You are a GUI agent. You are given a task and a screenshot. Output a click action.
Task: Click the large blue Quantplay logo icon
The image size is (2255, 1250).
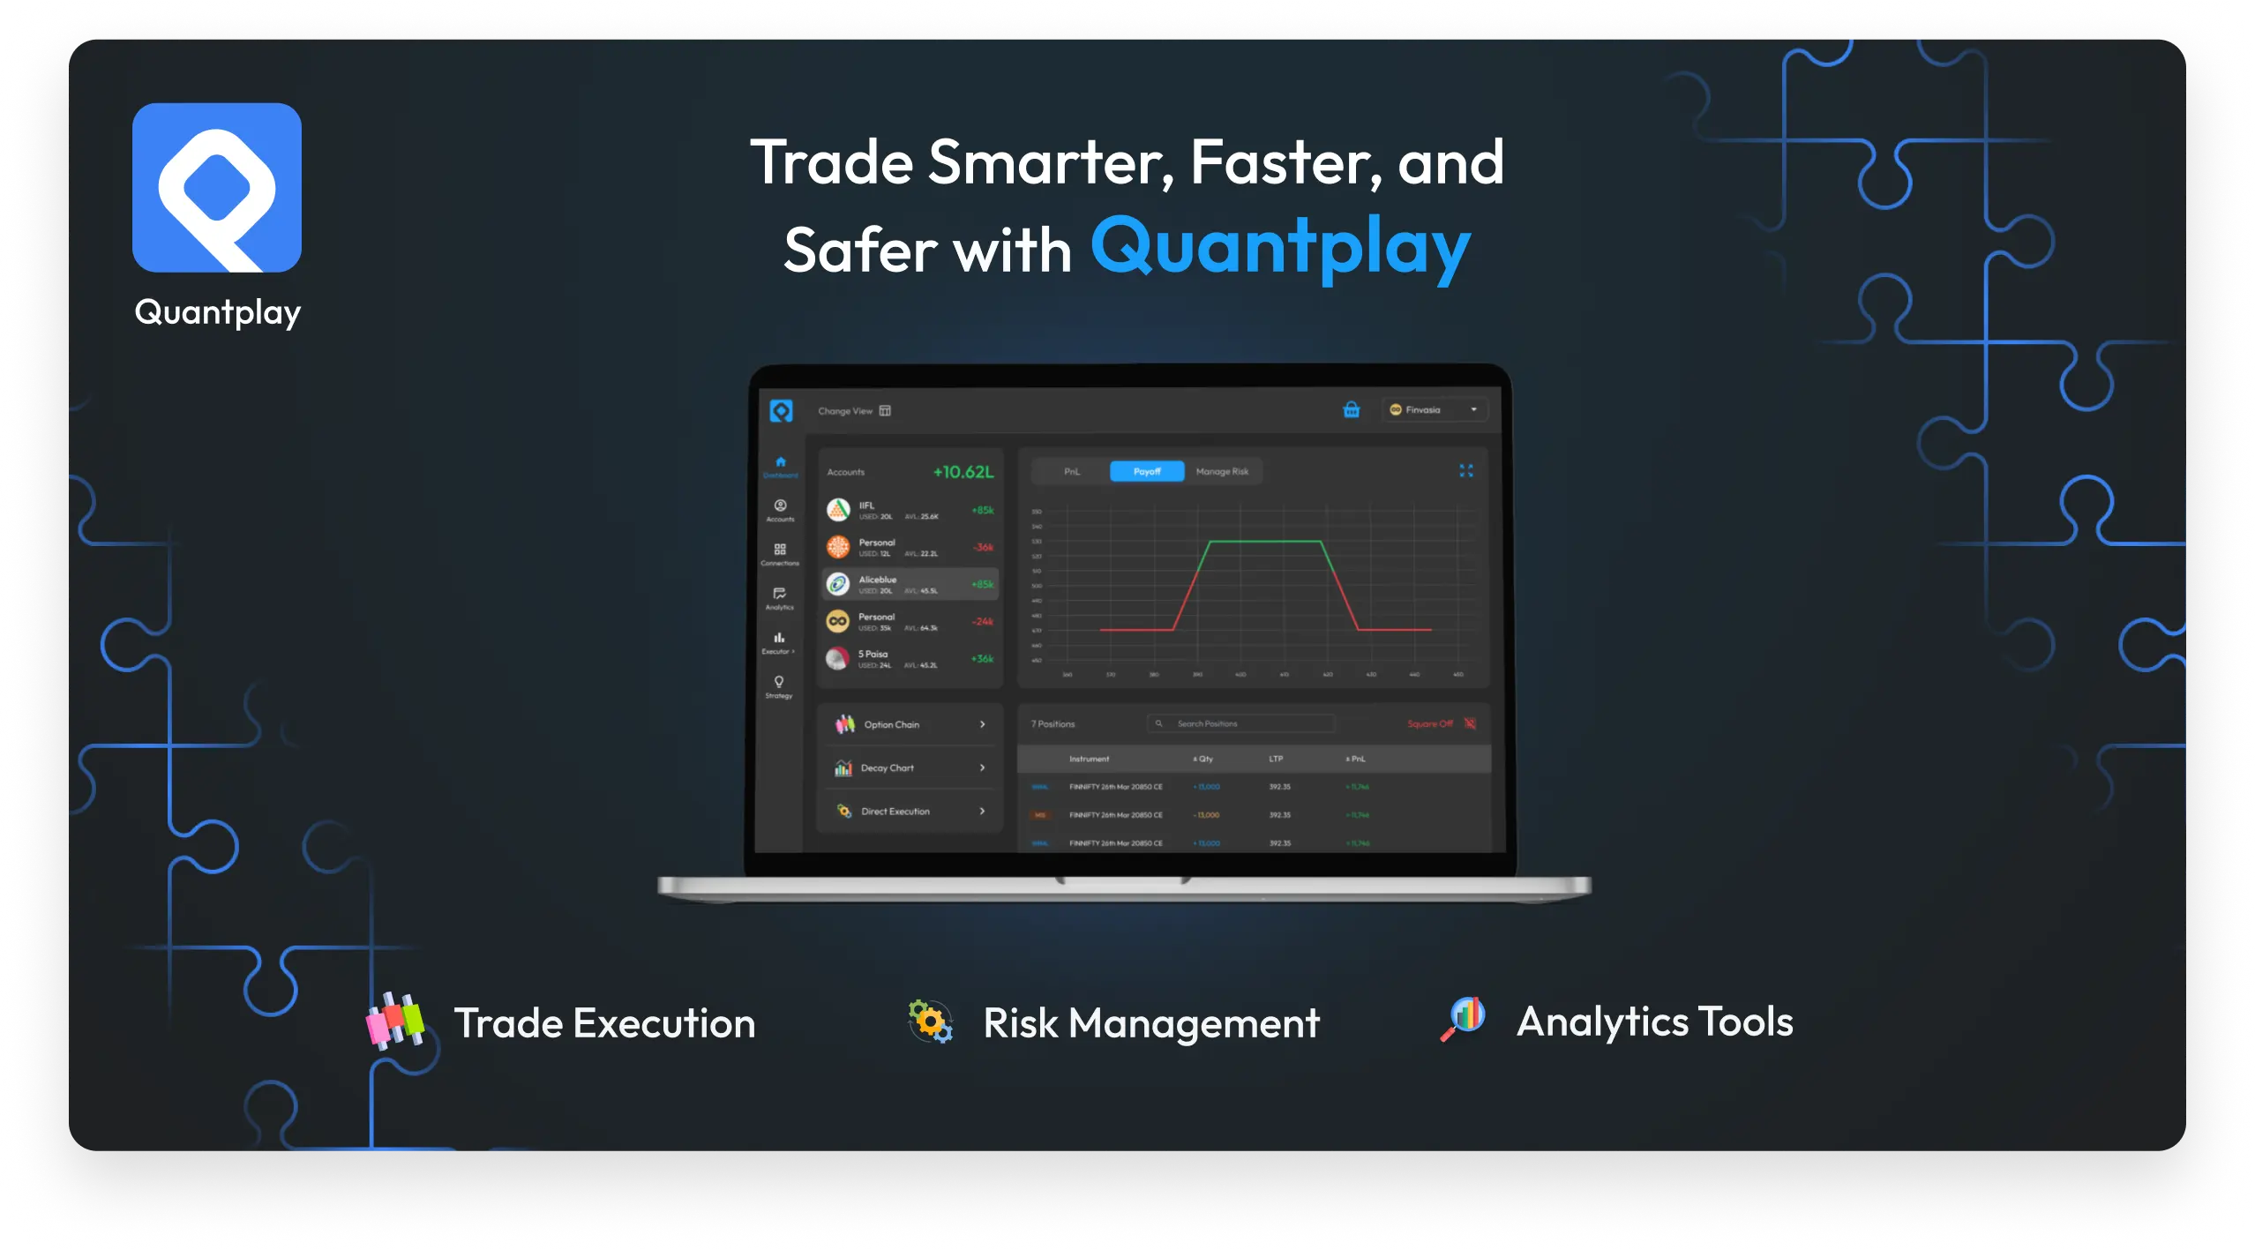[217, 187]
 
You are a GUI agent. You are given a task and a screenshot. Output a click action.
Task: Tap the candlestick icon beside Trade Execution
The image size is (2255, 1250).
[395, 1021]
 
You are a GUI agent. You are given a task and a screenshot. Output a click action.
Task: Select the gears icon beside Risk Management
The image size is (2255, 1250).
[931, 1022]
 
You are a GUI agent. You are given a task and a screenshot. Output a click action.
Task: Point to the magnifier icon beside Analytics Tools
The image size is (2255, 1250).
[1463, 1019]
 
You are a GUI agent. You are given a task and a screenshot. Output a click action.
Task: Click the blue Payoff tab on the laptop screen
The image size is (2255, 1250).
[1146, 472]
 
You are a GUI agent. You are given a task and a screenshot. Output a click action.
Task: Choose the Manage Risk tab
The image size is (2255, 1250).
[1222, 472]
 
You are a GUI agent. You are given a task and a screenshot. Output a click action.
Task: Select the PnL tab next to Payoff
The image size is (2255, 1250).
[1071, 472]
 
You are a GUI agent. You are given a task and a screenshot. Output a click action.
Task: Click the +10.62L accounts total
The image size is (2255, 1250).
[963, 472]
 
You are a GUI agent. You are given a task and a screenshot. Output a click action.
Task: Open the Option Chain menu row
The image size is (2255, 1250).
[910, 724]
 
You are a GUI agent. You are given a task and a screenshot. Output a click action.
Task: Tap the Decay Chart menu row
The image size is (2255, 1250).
[910, 767]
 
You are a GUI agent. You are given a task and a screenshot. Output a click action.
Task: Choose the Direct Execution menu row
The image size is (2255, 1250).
[910, 811]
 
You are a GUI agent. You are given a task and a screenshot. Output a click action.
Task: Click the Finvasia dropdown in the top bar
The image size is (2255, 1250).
[1434, 409]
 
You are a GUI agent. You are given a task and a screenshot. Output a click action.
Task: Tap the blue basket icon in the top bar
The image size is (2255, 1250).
[1351, 409]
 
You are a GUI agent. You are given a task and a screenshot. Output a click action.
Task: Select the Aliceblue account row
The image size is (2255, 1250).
[910, 584]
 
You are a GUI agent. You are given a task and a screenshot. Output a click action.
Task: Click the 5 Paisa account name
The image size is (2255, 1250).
[873, 654]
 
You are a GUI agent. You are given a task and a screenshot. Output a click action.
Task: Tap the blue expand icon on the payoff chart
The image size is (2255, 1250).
[1465, 471]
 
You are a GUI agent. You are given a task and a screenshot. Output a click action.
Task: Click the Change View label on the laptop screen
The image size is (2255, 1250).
[845, 411]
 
